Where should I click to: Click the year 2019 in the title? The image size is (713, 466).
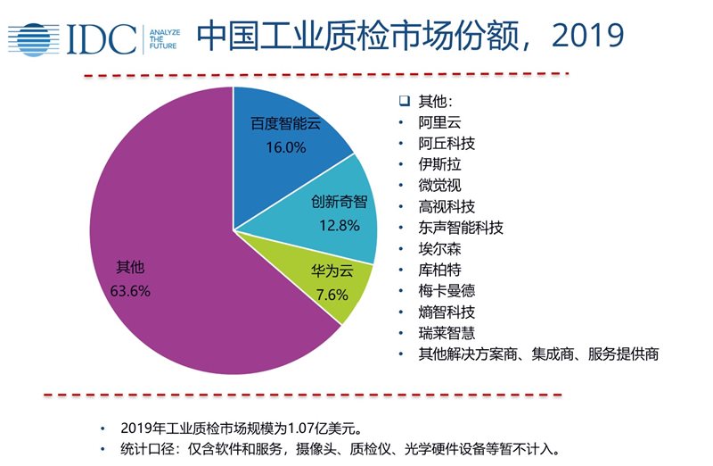click(587, 37)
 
